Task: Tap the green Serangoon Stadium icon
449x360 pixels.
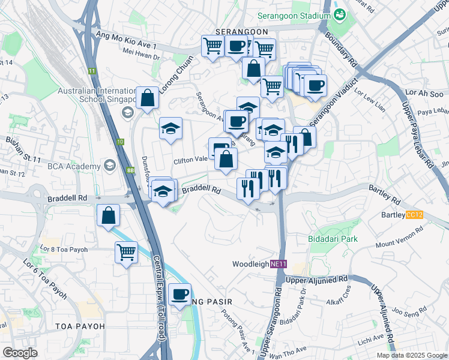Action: [x=340, y=13]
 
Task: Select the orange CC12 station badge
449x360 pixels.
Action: [x=415, y=215]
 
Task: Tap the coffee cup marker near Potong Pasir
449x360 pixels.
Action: [x=179, y=294]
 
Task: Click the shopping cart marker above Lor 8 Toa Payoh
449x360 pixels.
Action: [x=126, y=252]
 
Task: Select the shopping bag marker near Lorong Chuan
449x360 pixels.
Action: [x=147, y=98]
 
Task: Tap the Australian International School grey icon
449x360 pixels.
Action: [x=127, y=112]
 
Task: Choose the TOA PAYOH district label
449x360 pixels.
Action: [x=80, y=326]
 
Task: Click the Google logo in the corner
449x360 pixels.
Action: [x=20, y=353]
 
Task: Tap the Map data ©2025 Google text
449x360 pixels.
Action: [x=412, y=355]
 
